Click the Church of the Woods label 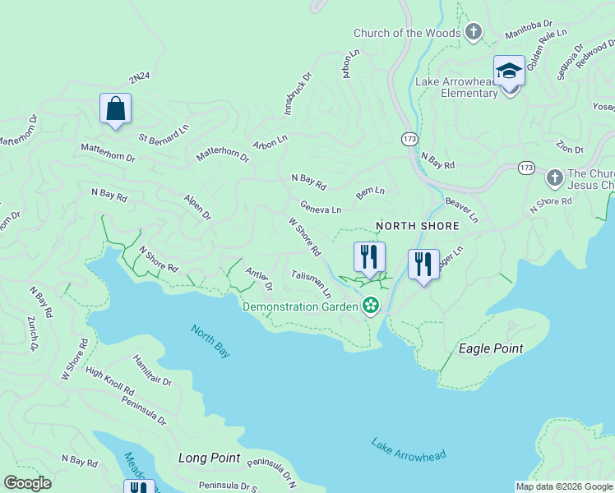[x=406, y=33]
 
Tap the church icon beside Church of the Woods [x=473, y=32]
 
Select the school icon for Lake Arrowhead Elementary [x=509, y=71]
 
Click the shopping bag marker [x=115, y=108]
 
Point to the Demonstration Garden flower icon [x=372, y=306]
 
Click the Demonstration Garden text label [x=301, y=306]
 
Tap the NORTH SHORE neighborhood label [x=405, y=225]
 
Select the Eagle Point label [x=490, y=348]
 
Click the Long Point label [x=209, y=458]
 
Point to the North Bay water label [x=210, y=340]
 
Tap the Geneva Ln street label [x=321, y=209]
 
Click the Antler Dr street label [x=258, y=279]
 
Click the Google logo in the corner [x=27, y=483]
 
